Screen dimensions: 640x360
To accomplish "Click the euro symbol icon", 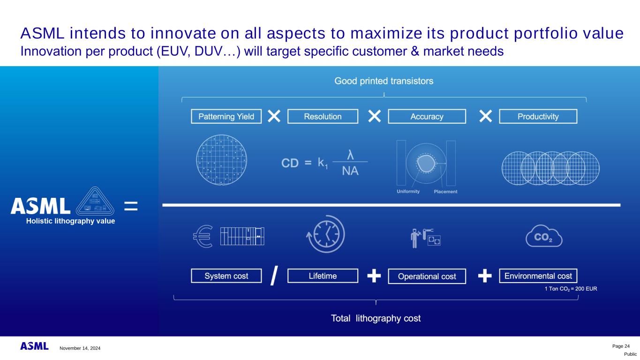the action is (x=203, y=236).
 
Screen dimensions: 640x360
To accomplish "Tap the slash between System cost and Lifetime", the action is (x=274, y=276).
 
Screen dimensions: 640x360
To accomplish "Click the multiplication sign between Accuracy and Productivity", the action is (x=485, y=116).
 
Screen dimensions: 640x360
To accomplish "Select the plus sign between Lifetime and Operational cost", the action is (x=374, y=276).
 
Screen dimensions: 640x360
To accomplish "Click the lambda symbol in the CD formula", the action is (x=350, y=155).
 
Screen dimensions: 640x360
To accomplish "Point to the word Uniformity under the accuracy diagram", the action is (x=408, y=191).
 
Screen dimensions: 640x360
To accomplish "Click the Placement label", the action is (x=445, y=192).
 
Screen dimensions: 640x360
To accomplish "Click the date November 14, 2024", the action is (x=80, y=348).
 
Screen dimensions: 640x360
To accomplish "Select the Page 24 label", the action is (x=621, y=346).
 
